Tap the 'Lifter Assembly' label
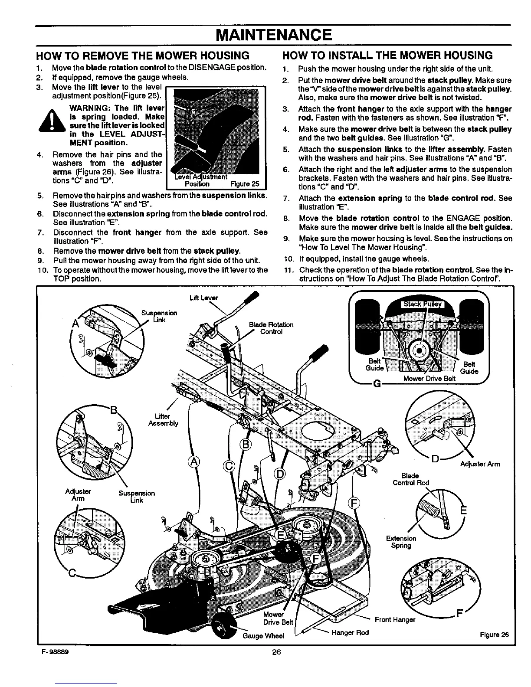coord(163,420)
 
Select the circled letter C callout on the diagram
coord(229,467)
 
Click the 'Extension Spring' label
coord(401,542)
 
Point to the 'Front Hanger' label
coord(395,619)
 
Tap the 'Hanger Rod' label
coord(350,632)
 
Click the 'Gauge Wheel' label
coord(265,636)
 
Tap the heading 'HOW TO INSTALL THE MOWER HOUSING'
coord(387,55)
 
